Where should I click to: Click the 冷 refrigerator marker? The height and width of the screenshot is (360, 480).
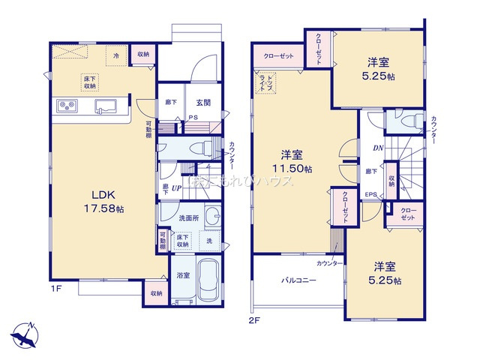click(x=116, y=54)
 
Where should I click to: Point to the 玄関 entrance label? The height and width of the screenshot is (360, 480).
click(x=203, y=103)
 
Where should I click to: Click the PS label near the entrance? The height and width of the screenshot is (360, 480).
click(x=193, y=116)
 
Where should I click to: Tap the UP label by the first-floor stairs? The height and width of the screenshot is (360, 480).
click(x=177, y=187)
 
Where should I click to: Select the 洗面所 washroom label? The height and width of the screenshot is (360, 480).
click(x=187, y=218)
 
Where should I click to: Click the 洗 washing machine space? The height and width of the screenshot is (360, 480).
click(x=209, y=241)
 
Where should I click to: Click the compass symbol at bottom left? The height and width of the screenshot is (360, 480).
click(x=24, y=332)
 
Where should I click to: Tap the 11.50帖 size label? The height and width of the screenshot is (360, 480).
click(x=292, y=171)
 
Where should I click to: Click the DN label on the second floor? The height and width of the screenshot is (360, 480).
click(x=378, y=148)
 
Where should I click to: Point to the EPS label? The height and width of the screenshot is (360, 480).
click(x=370, y=195)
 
